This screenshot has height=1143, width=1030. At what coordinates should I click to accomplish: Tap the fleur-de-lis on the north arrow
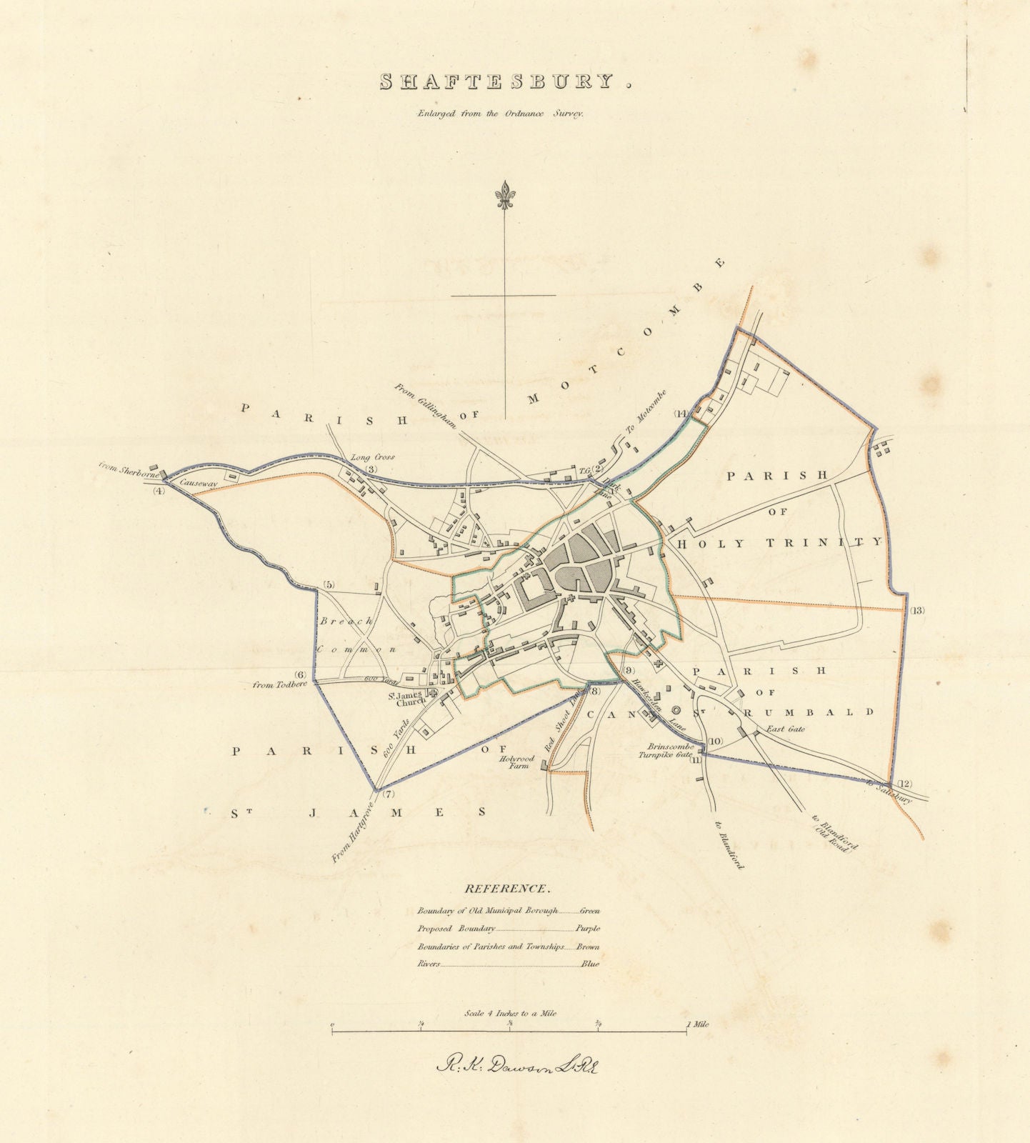tap(505, 196)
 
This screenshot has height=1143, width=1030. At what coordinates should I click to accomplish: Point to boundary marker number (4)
tap(159, 491)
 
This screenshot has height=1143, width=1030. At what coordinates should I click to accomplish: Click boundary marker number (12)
tap(905, 783)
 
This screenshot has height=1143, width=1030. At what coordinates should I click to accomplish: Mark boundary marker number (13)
tap(917, 610)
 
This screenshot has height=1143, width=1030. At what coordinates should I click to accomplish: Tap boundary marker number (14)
tap(681, 414)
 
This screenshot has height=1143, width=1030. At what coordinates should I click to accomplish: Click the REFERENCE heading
tap(507, 889)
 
